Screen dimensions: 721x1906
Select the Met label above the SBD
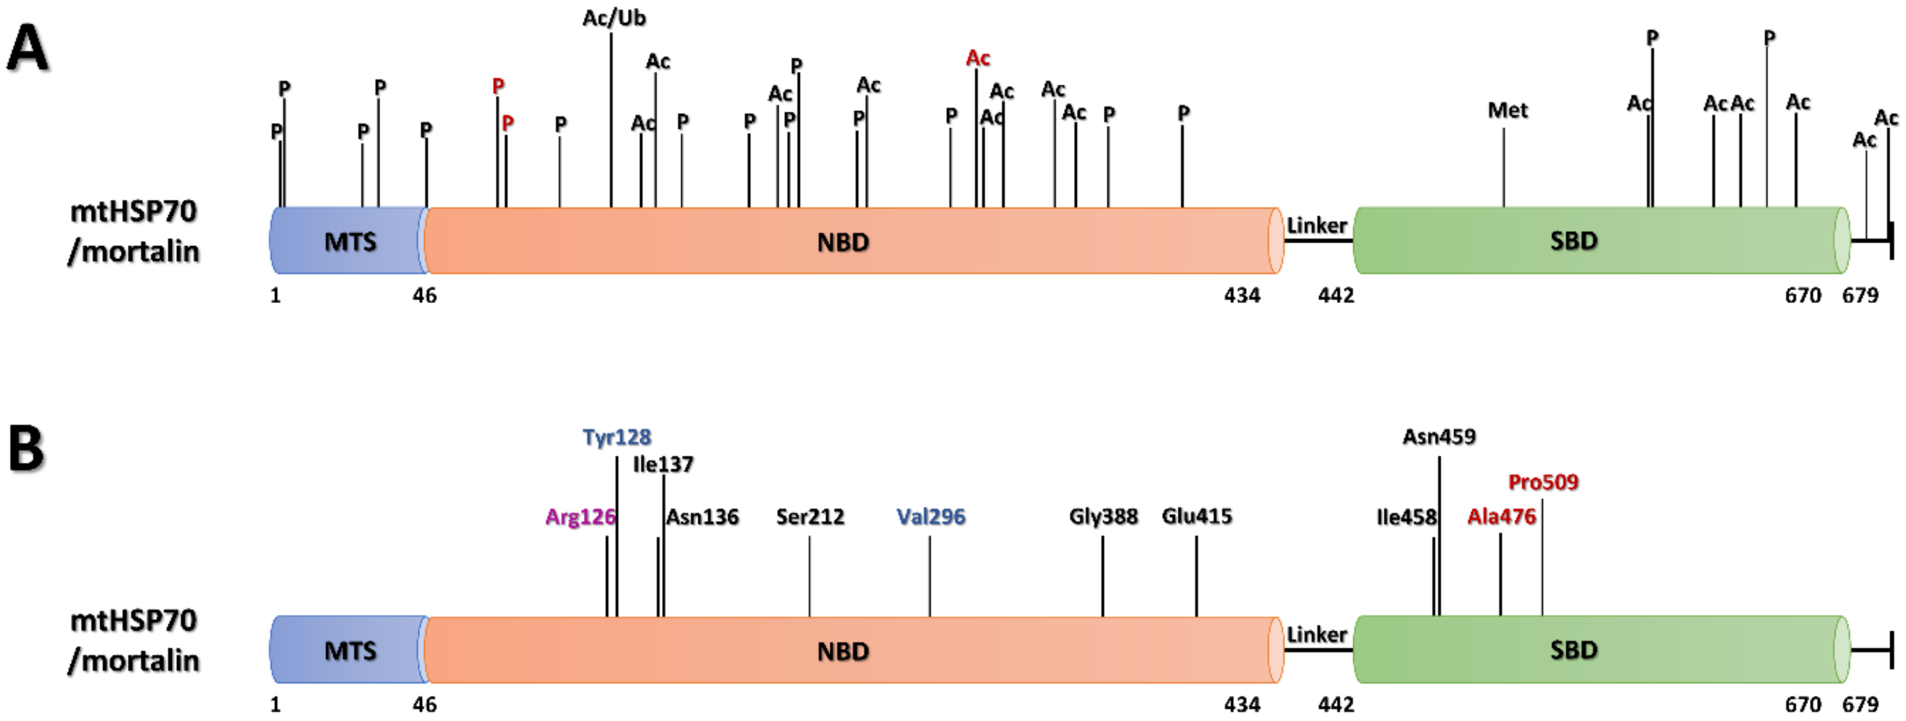(x=1507, y=111)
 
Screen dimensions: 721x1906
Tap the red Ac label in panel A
(x=977, y=58)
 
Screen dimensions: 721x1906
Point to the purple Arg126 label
(x=580, y=517)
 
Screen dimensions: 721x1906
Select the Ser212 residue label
(x=810, y=517)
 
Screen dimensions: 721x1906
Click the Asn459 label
(x=1439, y=437)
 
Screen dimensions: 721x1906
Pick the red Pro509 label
(x=1543, y=483)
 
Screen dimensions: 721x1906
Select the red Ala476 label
(x=1501, y=517)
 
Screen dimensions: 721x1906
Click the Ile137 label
(x=663, y=465)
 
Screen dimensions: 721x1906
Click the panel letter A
(x=27, y=48)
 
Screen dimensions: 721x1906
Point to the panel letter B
(x=26, y=449)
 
